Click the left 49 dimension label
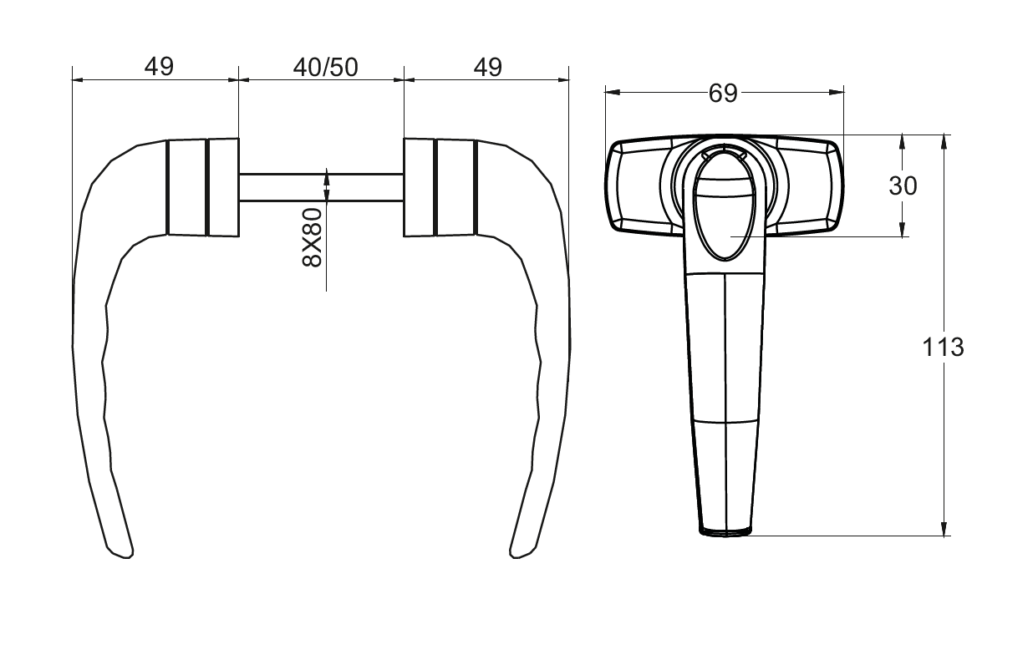coord(159,67)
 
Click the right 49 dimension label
coord(487,68)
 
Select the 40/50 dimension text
coord(326,68)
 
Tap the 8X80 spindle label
coord(312,237)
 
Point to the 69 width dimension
coord(723,94)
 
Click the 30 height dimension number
coord(903,186)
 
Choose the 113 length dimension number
coord(943,348)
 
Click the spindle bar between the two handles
coord(322,188)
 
